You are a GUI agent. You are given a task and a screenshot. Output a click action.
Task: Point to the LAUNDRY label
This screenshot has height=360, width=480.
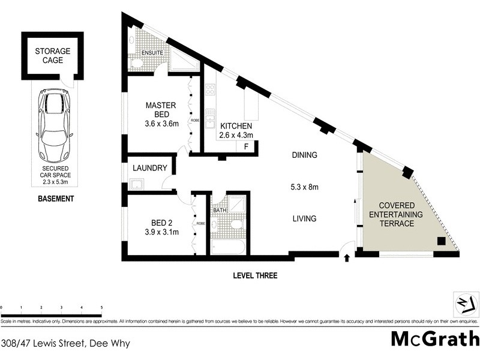coord(150,169)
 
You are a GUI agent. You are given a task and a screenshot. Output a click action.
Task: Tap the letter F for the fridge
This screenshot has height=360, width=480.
coord(245,147)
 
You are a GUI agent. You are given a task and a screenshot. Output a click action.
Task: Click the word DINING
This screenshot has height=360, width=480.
coord(304,155)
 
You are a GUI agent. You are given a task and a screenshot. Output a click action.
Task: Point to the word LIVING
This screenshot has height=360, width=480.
coord(304,219)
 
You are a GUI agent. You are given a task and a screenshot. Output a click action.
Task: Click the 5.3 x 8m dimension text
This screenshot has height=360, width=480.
coord(304,187)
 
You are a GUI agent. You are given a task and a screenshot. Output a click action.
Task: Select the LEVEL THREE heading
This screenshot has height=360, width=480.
coord(256,276)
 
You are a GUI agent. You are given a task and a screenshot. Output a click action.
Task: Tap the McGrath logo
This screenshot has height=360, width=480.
coord(434,338)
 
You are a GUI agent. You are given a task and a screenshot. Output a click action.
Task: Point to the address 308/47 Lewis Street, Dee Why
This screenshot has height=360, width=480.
coord(65,344)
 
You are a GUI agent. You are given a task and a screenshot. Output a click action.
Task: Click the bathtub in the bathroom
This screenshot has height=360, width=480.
coord(228,247)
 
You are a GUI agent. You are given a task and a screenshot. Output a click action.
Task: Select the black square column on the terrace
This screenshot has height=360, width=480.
coord(441,241)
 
